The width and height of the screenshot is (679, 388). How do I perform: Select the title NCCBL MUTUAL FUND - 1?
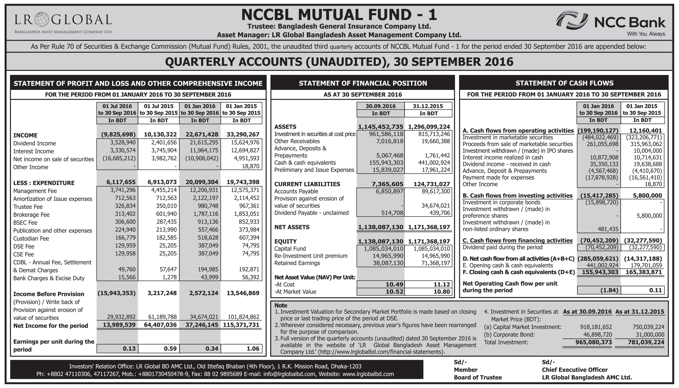tap(339, 15)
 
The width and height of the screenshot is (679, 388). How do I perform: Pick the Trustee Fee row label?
tap(28, 207)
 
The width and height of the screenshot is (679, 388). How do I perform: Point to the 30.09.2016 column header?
tap(380, 106)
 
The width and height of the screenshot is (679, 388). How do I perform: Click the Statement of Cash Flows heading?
tap(564, 83)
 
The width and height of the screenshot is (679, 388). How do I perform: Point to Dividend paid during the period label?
tap(502, 247)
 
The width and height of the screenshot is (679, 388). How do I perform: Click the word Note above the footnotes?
tap(281, 305)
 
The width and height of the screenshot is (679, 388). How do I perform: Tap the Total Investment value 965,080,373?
tap(593, 342)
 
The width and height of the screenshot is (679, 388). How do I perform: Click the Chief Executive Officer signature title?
tap(575, 370)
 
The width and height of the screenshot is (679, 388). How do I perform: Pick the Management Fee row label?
tap(35, 191)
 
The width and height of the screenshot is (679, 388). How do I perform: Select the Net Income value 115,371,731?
tap(241, 325)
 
